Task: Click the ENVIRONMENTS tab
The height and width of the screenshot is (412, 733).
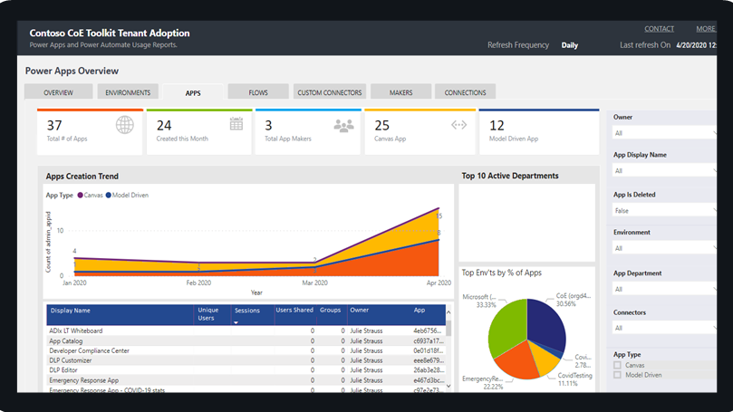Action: coord(128,92)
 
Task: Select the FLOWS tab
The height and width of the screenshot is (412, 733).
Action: coord(258,92)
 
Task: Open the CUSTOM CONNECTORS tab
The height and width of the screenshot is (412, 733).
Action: coord(330,92)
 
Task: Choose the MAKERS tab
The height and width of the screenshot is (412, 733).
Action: coord(400,92)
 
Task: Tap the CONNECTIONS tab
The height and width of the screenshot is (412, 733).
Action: coord(465,92)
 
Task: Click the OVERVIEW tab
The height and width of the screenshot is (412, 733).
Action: coord(59,92)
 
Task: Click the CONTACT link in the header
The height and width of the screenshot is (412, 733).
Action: coord(659,29)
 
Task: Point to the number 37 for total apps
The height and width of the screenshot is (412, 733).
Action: coord(54,125)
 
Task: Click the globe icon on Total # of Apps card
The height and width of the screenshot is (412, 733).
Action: coord(125,125)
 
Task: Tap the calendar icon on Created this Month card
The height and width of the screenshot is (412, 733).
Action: coord(236,125)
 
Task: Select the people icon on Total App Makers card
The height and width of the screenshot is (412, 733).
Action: coord(343,126)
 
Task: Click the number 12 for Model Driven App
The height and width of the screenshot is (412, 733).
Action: coord(497,125)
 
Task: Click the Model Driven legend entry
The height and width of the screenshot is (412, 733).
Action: coord(128,195)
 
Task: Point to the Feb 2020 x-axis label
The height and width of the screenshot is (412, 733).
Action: coord(198,283)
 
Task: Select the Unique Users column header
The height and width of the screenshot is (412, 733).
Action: coord(208,314)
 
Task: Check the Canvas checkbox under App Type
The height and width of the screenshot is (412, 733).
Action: coord(618,365)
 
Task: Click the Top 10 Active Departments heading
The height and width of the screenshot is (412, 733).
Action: coord(510,176)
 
